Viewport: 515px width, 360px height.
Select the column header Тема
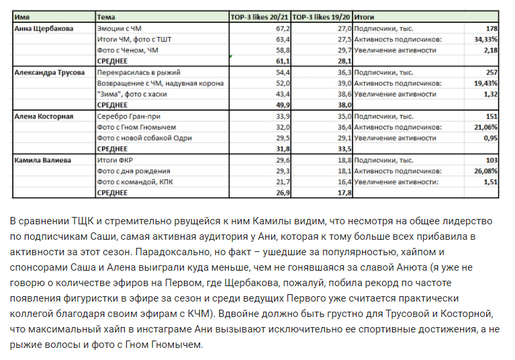click(106, 16)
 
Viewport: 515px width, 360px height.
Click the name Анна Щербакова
click(44, 29)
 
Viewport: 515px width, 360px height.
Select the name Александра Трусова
click(50, 72)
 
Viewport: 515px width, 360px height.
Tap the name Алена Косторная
click(44, 116)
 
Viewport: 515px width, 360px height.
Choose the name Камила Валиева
click(42, 159)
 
